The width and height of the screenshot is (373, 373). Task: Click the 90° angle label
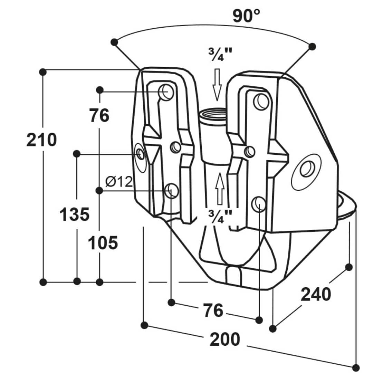pos(246,15)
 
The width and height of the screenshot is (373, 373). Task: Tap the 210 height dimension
pos(41,140)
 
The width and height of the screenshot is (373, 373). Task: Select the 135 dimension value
pos(75,214)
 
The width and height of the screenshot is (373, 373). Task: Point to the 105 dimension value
pos(103,243)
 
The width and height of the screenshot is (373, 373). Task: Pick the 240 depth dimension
pos(316,294)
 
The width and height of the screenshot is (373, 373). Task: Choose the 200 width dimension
pos(225,340)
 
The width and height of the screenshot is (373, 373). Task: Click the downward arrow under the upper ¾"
pos(217,84)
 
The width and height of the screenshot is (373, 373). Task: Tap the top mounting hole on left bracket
pos(165,92)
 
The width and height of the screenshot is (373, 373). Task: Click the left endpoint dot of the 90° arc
pos(114,42)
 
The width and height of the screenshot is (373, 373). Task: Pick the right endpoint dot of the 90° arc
pos(312,46)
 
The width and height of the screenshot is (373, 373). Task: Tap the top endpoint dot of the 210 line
pos(43,72)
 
